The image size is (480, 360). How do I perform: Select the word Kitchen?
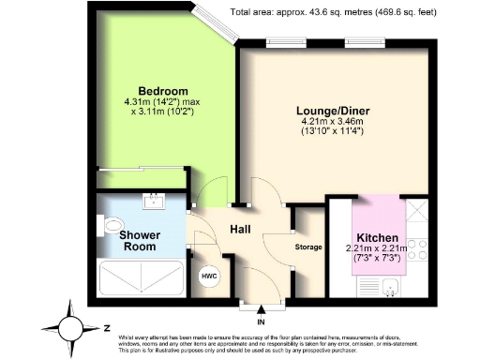(377, 238)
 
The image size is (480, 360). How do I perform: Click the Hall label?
(240, 228)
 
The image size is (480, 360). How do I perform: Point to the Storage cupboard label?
(308, 247)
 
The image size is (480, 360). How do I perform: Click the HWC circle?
(207, 277)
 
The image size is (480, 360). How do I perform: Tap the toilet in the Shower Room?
(111, 225)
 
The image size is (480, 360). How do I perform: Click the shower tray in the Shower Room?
(141, 278)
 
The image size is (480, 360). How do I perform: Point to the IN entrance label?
(261, 322)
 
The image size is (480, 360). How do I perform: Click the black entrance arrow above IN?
(261, 310)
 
